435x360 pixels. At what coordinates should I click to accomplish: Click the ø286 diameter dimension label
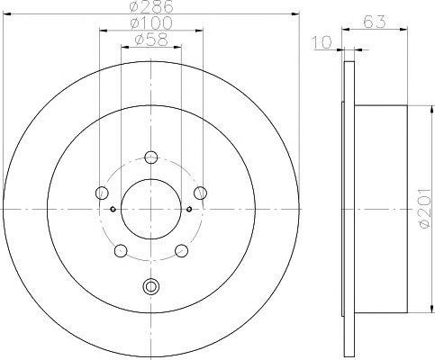(x=151, y=6)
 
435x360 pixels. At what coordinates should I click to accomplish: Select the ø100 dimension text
(x=151, y=23)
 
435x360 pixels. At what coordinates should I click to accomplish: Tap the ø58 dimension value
(x=151, y=40)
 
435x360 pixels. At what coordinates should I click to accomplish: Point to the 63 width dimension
(x=374, y=22)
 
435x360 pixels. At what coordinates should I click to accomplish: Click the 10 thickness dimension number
(x=322, y=42)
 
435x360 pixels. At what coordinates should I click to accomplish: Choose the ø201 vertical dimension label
(x=426, y=209)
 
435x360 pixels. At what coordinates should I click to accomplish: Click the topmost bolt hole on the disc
(x=151, y=157)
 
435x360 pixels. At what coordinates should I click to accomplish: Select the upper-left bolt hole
(x=102, y=193)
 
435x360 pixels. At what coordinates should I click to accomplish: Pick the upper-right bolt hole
(x=200, y=193)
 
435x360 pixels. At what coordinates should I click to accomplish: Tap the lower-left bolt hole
(x=121, y=250)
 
